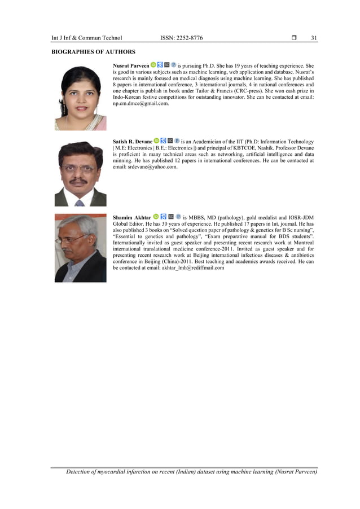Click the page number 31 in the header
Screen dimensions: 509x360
tap(314, 38)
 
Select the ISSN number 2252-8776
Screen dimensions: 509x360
tap(189, 38)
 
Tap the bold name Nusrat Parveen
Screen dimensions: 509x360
tap(131, 66)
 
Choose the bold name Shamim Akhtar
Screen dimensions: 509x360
tap(132, 217)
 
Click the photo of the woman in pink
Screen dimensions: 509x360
tap(80, 98)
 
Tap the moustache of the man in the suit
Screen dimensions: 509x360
tap(80, 181)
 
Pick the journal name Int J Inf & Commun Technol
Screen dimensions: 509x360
tap(86, 38)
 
